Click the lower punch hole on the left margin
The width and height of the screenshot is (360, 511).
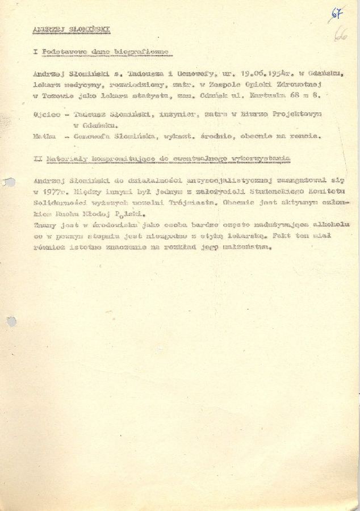pyautogui.click(x=11, y=321)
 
